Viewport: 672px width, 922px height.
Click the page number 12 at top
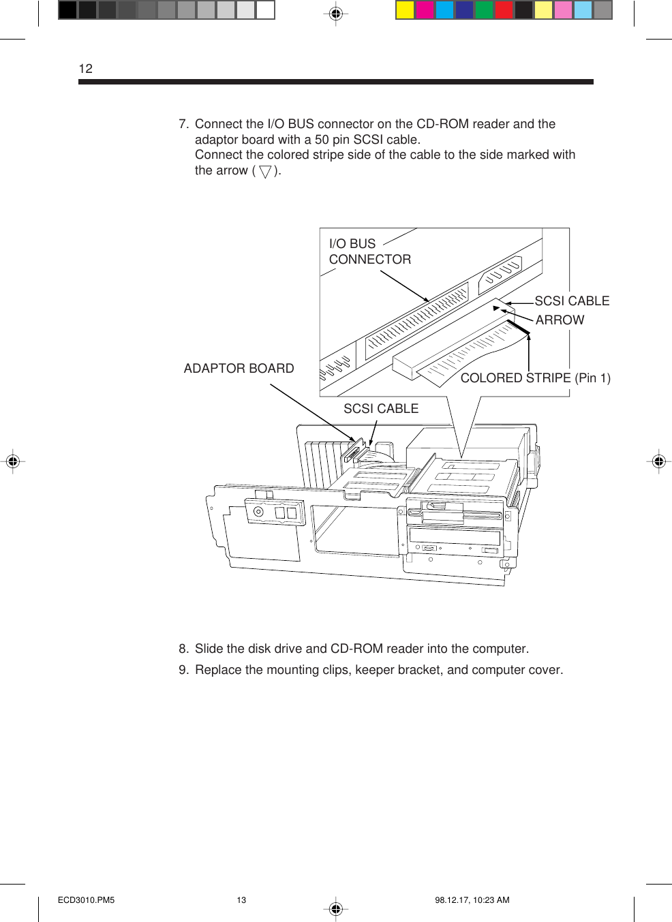click(85, 69)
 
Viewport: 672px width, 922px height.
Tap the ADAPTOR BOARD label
click(239, 369)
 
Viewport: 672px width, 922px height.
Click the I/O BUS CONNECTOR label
click(369, 251)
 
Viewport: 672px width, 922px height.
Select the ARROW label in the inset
click(560, 320)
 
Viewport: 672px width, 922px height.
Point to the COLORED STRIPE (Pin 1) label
click(535, 378)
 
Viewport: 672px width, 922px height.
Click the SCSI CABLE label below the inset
click(380, 409)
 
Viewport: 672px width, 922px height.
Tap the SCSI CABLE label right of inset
click(571, 301)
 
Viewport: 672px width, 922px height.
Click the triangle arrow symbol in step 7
click(265, 172)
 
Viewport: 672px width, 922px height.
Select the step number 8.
click(183, 649)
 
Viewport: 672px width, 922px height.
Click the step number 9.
click(183, 670)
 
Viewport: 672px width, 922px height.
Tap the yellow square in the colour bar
click(405, 10)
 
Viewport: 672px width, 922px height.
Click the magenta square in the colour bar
click(425, 10)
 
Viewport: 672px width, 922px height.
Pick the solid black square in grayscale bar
click(67, 10)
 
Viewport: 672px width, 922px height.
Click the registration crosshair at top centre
click(335, 13)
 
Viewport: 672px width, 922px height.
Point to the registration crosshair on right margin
click(658, 461)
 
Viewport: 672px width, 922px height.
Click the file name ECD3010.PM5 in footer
click(86, 900)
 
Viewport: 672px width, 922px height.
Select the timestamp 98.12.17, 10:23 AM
click(472, 900)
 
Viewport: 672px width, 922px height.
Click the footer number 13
click(241, 900)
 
